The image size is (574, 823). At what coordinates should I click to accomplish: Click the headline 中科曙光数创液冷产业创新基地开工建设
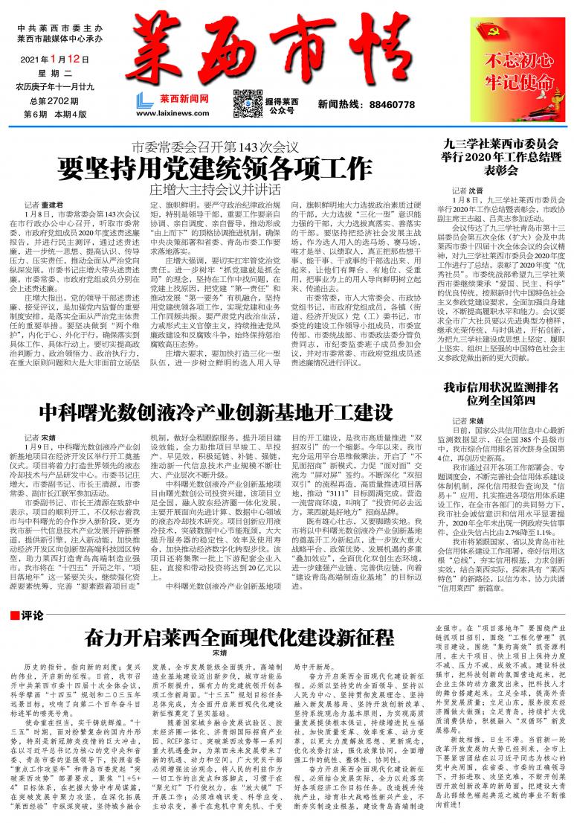(216, 411)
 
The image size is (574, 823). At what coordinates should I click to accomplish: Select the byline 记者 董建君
(45, 203)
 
